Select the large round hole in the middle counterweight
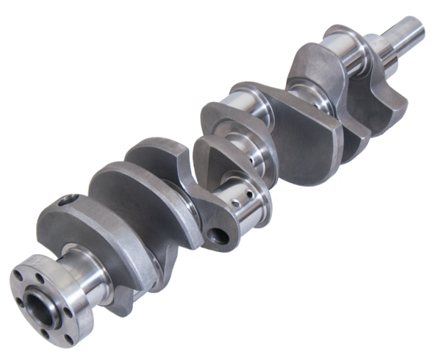[x=218, y=237]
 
